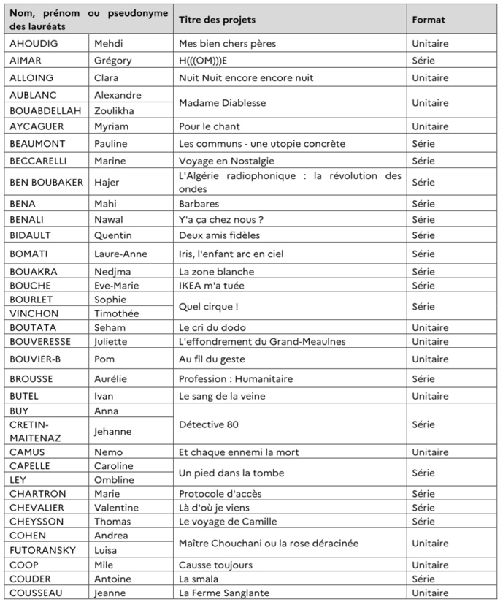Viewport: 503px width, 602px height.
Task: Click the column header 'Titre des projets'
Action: tap(217, 20)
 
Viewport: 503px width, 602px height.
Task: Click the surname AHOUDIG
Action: tap(33, 43)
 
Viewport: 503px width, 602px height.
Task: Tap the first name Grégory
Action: tap(113, 61)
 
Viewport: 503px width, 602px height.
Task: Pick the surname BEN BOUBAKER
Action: tap(47, 182)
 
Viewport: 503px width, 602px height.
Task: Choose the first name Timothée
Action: tap(116, 313)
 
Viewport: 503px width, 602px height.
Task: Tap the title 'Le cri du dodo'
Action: tap(211, 327)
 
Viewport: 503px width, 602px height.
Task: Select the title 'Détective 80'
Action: tap(209, 424)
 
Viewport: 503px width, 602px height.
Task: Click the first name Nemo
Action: tap(108, 452)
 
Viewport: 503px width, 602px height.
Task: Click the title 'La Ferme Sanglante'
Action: tap(224, 593)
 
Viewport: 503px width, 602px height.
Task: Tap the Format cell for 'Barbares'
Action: tap(423, 204)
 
